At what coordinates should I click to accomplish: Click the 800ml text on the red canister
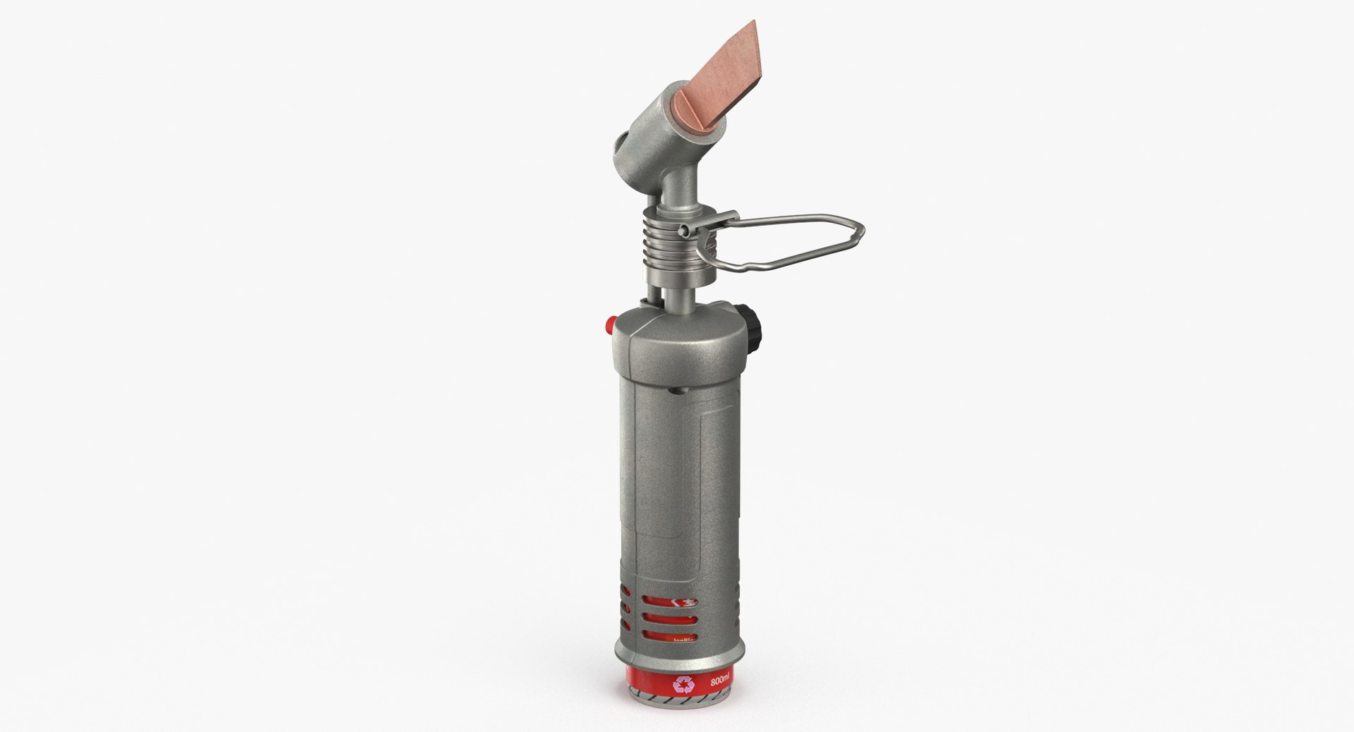pyautogui.click(x=719, y=681)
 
